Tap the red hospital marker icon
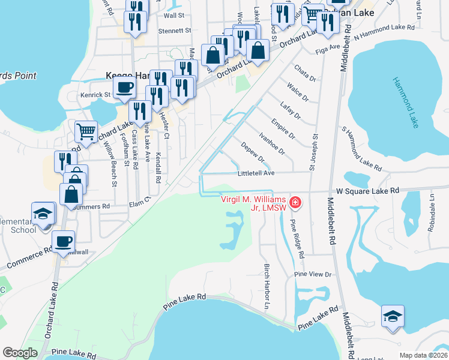pos(295,203)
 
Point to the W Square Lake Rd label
pos(367,190)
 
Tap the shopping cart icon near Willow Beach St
pos(86,131)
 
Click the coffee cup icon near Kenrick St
pos(124,88)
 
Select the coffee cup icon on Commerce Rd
pos(63,241)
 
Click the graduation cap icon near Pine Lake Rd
pos(393,316)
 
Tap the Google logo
pos(20,353)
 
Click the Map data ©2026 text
pos(424,355)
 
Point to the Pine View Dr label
pos(313,274)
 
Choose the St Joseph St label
pos(314,151)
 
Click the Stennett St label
pos(175,29)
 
